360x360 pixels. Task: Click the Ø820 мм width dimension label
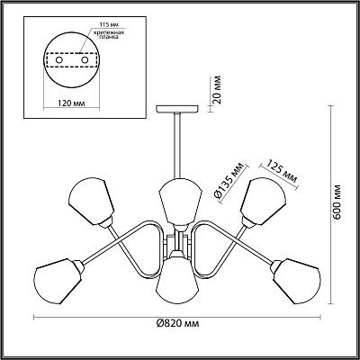click(178, 324)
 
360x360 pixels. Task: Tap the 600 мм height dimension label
click(337, 202)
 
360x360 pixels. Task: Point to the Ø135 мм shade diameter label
click(227, 182)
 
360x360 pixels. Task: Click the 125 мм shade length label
click(282, 172)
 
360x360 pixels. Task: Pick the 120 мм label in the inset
click(71, 103)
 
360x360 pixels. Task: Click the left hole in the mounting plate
click(59, 60)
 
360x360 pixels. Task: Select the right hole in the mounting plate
click(85, 60)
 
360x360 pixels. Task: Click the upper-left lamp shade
click(92, 202)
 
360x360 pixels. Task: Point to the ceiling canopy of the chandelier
click(177, 109)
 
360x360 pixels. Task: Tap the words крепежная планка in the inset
click(107, 34)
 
